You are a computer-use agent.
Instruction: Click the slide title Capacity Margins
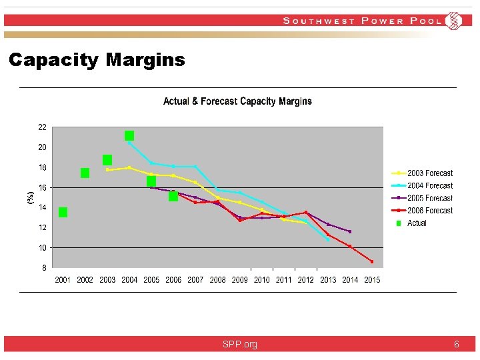(97, 61)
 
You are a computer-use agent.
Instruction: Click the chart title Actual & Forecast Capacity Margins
(237, 101)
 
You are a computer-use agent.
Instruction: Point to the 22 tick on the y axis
(42, 127)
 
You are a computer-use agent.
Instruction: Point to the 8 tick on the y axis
(43, 268)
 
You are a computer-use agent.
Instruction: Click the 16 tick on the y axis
(42, 187)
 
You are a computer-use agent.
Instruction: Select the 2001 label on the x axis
(63, 280)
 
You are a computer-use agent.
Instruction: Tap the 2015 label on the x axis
(372, 280)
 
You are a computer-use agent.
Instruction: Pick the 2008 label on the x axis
(217, 280)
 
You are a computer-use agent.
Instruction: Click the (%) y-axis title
(30, 197)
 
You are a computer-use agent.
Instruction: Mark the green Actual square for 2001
(63, 212)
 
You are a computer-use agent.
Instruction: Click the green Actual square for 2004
(129, 135)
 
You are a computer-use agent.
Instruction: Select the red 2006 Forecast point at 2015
(372, 261)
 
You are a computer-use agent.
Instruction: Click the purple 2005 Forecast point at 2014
(350, 231)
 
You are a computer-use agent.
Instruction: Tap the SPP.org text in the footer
(240, 345)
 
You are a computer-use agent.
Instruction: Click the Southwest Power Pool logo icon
(454, 21)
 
